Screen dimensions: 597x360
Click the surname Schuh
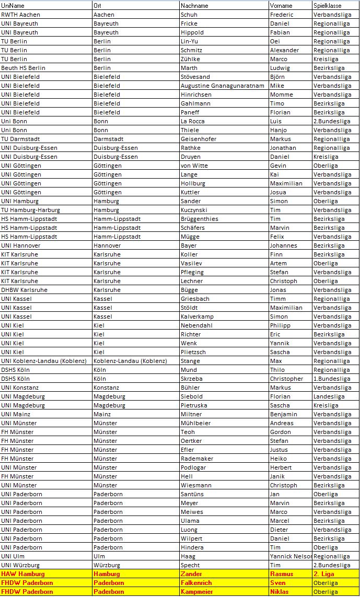pos(189,15)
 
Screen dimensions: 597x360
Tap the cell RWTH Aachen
pos(20,15)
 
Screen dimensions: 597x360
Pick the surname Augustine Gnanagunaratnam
pos(222,86)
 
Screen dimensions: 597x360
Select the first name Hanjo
pos(278,130)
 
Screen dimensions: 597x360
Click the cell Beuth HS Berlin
pos(23,68)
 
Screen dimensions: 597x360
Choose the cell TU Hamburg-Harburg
pos(30,210)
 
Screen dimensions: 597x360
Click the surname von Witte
pos(194,166)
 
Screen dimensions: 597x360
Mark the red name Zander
pos(191,574)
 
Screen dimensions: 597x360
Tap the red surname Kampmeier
pos(197,592)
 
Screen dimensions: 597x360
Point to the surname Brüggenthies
pos(200,219)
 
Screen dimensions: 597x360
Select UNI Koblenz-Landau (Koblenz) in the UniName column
pos(45,361)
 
